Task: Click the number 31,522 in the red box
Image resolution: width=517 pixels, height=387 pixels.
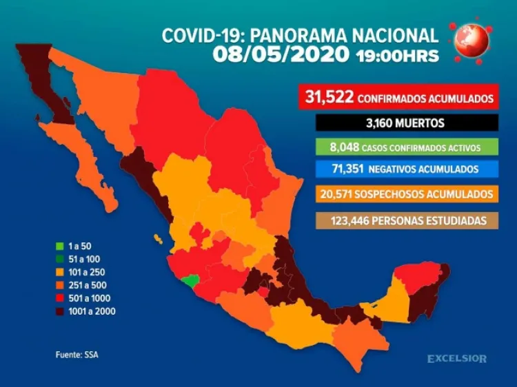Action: pyautogui.click(x=327, y=98)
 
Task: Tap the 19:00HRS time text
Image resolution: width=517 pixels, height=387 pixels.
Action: pyautogui.click(x=397, y=56)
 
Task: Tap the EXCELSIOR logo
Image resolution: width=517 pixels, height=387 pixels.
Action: pyautogui.click(x=456, y=359)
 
